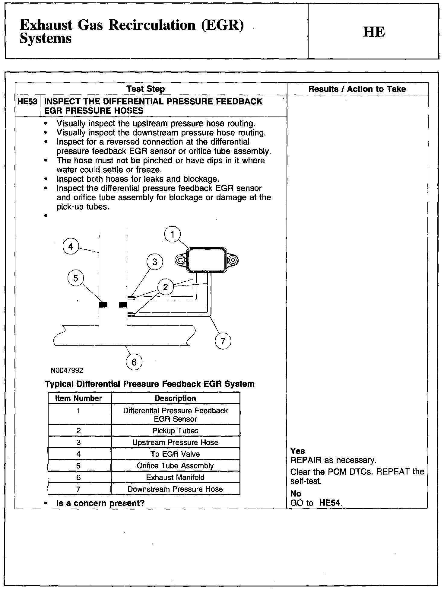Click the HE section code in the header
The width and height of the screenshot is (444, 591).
pyautogui.click(x=374, y=32)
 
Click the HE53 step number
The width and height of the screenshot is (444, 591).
pyautogui.click(x=27, y=101)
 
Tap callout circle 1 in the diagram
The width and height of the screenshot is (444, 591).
pyautogui.click(x=173, y=235)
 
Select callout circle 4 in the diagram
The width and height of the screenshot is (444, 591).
pyautogui.click(x=71, y=246)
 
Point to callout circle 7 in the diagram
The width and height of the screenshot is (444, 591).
pyautogui.click(x=223, y=341)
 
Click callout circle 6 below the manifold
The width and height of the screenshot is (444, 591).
pyautogui.click(x=134, y=362)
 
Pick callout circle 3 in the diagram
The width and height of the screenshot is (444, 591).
pyautogui.click(x=155, y=262)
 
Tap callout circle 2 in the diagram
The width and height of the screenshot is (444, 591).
pyautogui.click(x=165, y=287)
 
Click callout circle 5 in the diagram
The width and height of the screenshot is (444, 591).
pyautogui.click(x=76, y=278)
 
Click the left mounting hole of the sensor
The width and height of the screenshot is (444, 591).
pyautogui.click(x=181, y=260)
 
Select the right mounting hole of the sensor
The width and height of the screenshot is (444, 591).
pyautogui.click(x=233, y=260)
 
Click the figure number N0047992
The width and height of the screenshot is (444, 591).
pyautogui.click(x=67, y=370)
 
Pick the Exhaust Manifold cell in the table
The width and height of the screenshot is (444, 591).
pyautogui.click(x=175, y=477)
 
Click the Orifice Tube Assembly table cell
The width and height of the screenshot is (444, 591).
pyautogui.click(x=175, y=465)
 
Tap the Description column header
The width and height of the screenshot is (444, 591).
pyautogui.click(x=175, y=398)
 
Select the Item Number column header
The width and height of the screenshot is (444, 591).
pyautogui.click(x=78, y=398)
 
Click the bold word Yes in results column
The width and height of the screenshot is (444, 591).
pyautogui.click(x=297, y=451)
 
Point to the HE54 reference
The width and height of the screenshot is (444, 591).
pyautogui.click(x=330, y=503)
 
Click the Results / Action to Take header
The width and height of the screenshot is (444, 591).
pyautogui.click(x=357, y=89)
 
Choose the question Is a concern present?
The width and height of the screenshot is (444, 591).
pyautogui.click(x=100, y=503)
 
